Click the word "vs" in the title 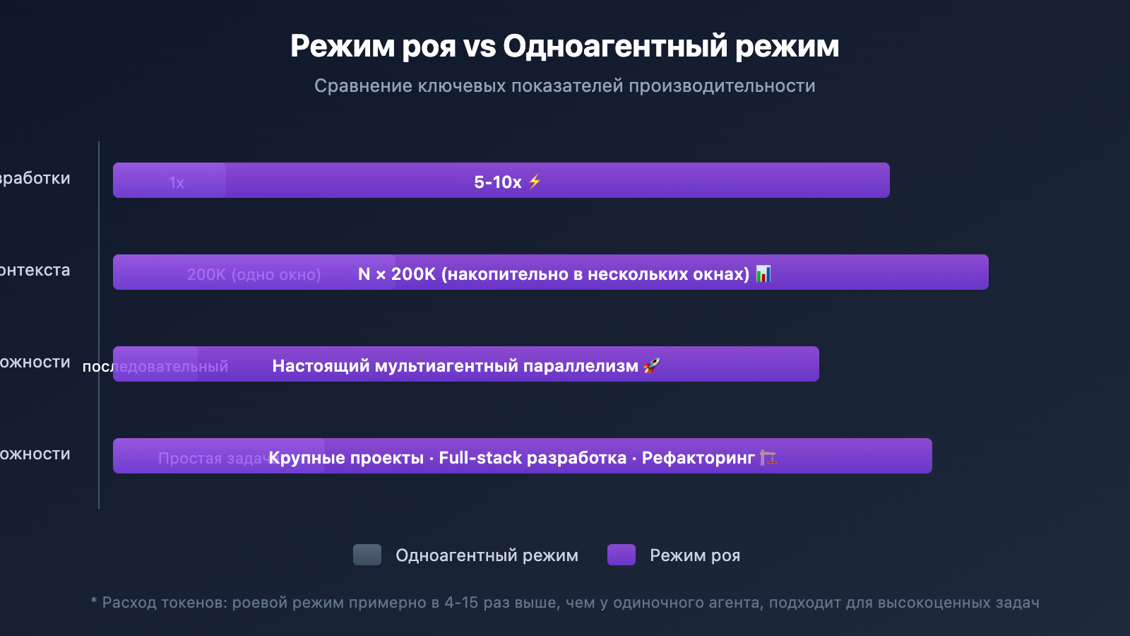tap(480, 47)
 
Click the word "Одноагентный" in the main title tap(614, 47)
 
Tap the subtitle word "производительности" tap(722, 86)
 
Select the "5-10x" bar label tap(498, 182)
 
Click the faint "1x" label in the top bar tap(177, 183)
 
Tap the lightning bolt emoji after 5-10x tap(535, 182)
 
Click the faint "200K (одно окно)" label tap(254, 274)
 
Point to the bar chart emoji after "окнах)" tap(763, 273)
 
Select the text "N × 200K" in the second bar tap(396, 274)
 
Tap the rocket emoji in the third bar tap(651, 365)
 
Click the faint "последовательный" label tap(155, 367)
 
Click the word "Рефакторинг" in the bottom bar tap(698, 458)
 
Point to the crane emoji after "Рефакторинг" tap(768, 457)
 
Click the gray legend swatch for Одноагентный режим tap(367, 555)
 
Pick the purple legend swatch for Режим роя tap(621, 555)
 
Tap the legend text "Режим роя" tap(695, 555)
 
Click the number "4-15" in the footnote tap(461, 603)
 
